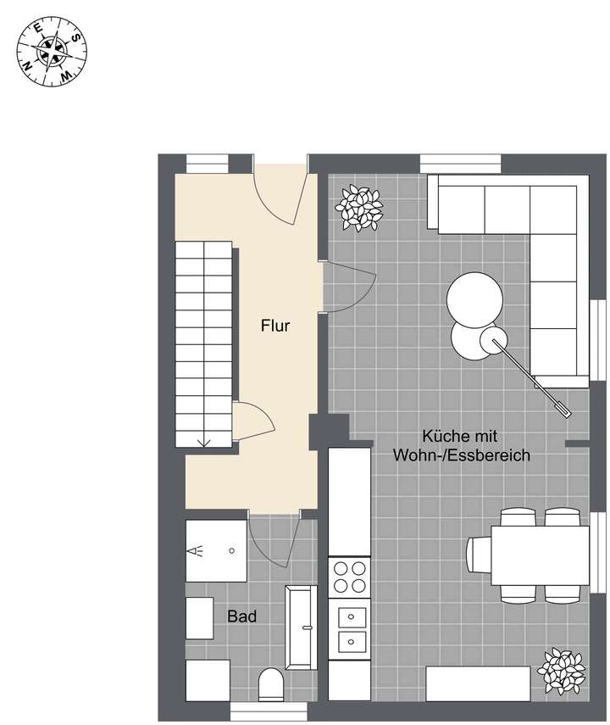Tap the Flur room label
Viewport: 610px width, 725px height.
[x=275, y=325]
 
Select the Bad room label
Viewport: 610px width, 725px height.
[x=241, y=616]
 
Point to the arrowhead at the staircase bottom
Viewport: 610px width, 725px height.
[x=203, y=441]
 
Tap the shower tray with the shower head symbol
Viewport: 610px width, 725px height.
[x=215, y=549]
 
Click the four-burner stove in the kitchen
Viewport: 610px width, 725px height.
[x=349, y=577]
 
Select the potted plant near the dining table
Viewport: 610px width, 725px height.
[x=560, y=671]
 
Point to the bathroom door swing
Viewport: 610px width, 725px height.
[x=271, y=543]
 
